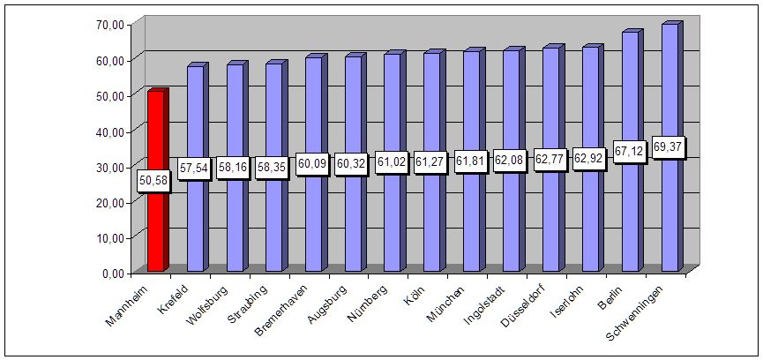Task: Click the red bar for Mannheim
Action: click(x=155, y=132)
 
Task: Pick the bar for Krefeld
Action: click(x=195, y=221)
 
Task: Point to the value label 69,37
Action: click(x=669, y=147)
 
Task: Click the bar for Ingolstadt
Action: click(x=511, y=221)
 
